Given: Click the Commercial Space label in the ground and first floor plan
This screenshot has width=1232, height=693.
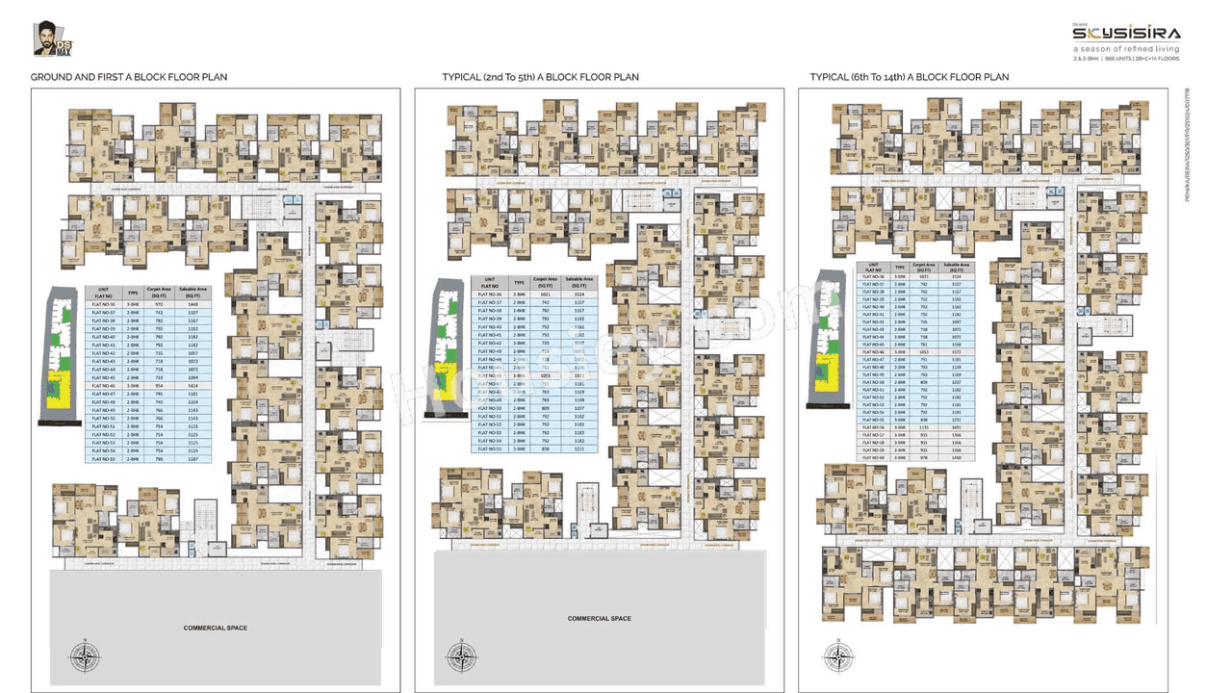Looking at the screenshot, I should tap(216, 628).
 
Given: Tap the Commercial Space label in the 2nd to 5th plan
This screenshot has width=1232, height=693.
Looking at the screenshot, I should tap(599, 618).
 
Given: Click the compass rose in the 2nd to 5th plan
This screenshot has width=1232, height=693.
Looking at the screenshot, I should tap(461, 657).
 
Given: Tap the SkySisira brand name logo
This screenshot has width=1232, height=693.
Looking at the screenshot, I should tap(1127, 33).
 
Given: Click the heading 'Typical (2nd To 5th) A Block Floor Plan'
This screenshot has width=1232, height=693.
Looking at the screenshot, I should tap(540, 77).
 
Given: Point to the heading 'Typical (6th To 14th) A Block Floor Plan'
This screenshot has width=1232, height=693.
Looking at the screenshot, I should tap(910, 77).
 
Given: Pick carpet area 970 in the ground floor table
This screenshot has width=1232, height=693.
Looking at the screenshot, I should tap(159, 304).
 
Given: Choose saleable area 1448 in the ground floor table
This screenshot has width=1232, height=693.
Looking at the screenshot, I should tap(192, 304).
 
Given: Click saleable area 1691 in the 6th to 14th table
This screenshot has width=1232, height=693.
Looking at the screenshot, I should tap(956, 427).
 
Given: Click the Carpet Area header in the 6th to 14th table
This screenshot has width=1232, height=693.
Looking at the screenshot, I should tap(924, 268).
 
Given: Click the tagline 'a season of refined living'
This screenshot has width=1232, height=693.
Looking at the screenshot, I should tap(1127, 48).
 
